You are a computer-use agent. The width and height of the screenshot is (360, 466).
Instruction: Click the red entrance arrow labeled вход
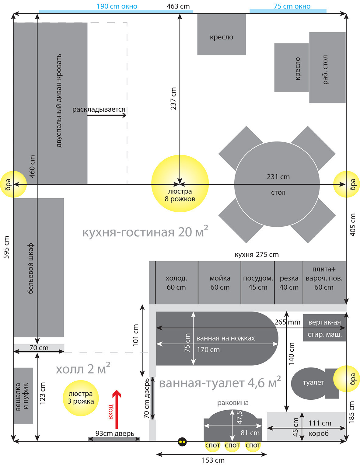pos(117,409)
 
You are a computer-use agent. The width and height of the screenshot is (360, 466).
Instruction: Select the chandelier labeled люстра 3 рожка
pos(81,398)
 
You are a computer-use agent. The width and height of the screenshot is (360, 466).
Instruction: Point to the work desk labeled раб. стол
pos(327,68)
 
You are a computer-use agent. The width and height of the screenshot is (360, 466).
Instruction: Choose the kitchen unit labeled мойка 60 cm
pos(219,283)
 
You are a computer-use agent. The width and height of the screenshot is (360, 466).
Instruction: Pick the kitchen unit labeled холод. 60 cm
pos(177,283)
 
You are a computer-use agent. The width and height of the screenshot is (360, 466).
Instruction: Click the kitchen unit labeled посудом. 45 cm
pos(257,283)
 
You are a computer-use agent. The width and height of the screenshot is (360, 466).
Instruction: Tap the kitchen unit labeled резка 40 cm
pos(289,283)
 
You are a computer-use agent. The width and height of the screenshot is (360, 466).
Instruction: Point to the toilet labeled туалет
pos(313,383)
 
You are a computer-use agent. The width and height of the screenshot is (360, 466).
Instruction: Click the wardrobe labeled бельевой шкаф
pos(38,268)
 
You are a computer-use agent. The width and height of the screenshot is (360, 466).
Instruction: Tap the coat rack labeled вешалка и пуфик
pos(23,396)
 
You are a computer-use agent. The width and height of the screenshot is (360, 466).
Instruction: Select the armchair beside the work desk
pos(291,68)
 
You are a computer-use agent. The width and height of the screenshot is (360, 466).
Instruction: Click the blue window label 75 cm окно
pos(292,6)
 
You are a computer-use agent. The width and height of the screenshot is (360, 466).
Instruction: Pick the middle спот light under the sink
pos(232,445)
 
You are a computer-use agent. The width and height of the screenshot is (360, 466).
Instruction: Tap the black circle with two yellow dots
pos(182,442)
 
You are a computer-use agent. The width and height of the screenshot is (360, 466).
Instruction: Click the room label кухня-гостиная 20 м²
pos(145,232)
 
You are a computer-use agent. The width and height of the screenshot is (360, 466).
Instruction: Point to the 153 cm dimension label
pos(213,460)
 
